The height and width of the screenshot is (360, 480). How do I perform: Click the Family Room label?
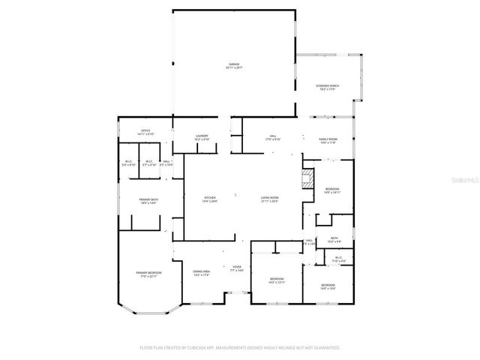[328, 140]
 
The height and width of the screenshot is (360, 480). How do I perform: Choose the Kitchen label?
[209, 199]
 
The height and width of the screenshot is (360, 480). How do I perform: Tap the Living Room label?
[269, 199]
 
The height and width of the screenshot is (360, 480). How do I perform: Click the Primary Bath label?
[147, 200]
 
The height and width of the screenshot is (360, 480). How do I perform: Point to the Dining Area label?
[201, 273]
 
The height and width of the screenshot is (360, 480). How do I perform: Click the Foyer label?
[236, 268]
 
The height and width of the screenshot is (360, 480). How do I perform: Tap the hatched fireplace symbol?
[305, 178]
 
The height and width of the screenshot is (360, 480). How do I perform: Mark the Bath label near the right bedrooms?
[334, 240]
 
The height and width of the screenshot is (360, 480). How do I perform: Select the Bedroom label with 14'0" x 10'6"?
[328, 286]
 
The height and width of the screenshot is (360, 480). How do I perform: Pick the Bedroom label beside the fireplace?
[332, 190]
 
